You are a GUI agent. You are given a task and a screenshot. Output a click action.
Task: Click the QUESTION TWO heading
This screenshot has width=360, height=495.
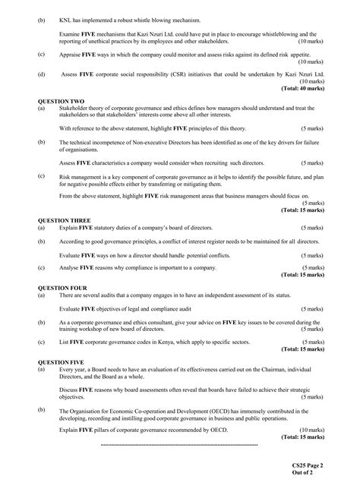tap(60, 100)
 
